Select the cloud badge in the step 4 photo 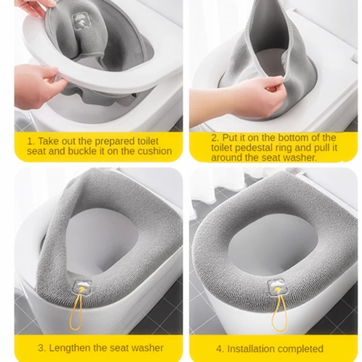point(277,287)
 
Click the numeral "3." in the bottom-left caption point(42,348)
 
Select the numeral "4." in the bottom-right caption point(220,349)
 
